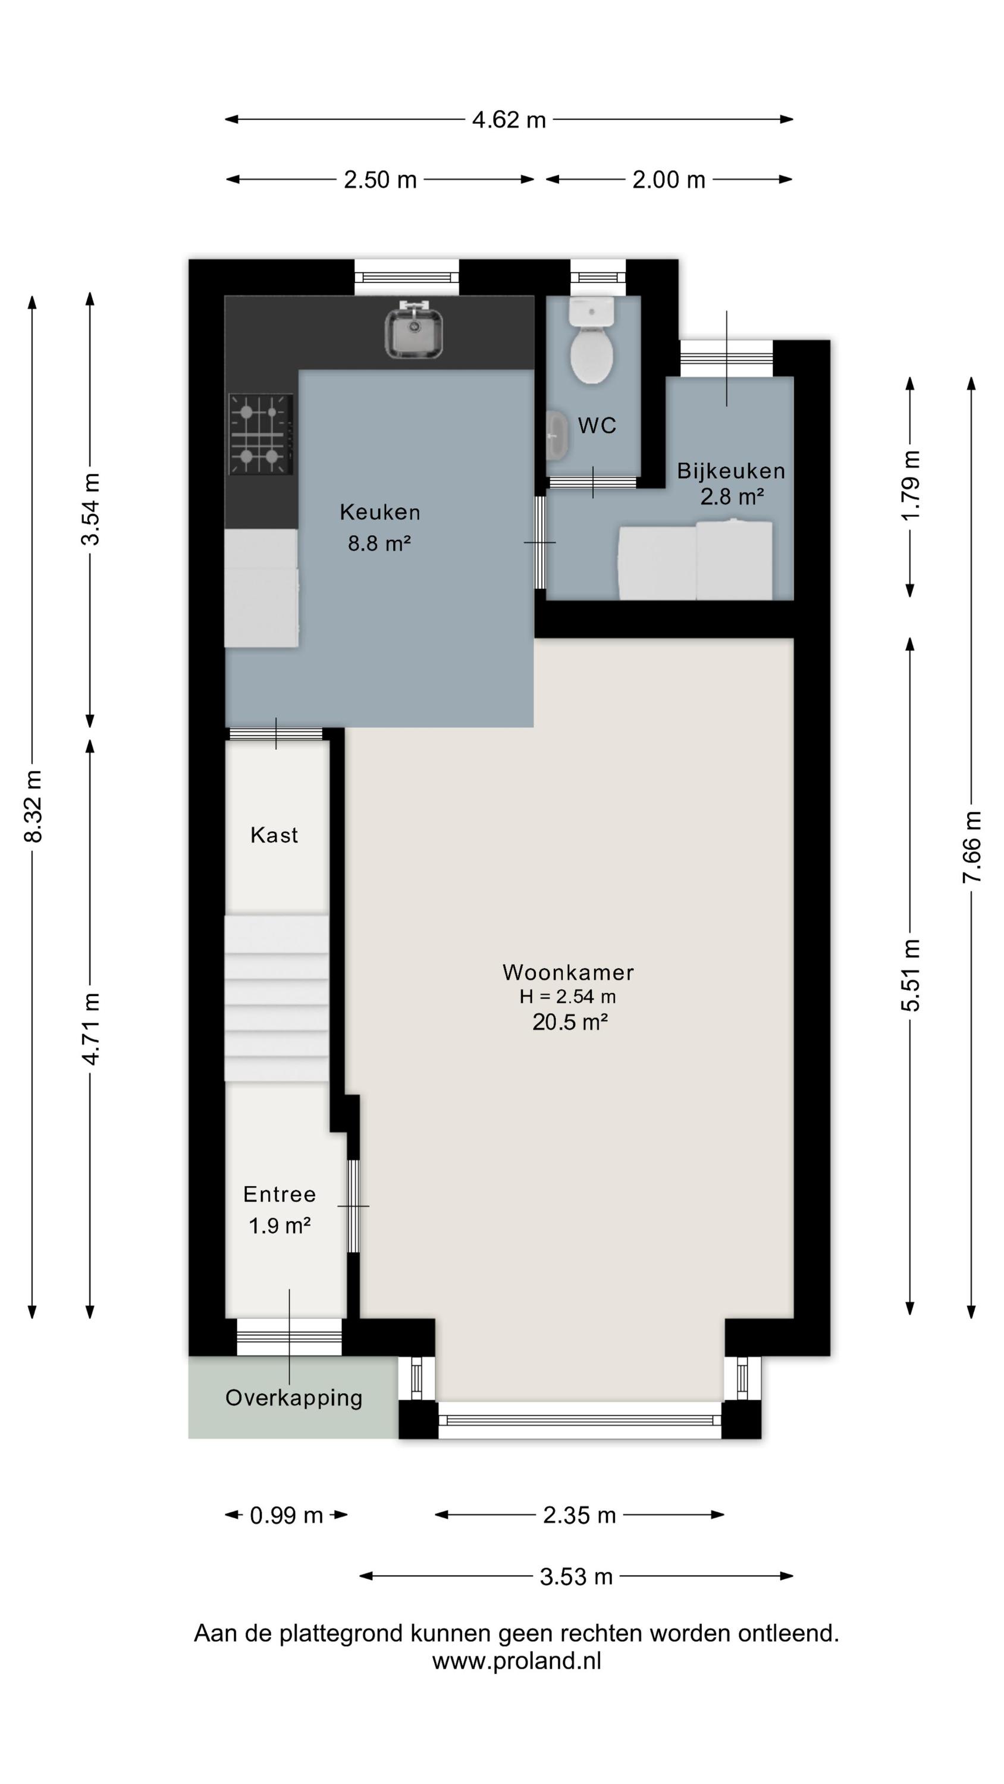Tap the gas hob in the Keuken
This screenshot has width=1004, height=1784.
click(x=261, y=434)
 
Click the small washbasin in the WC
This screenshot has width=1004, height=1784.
click(x=556, y=436)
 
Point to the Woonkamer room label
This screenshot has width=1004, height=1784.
click(x=568, y=972)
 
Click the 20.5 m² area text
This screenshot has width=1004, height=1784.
click(x=570, y=1022)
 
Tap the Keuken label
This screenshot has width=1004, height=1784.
click(x=379, y=513)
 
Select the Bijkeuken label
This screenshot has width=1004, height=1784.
click(x=731, y=471)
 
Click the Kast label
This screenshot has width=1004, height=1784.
click(x=274, y=836)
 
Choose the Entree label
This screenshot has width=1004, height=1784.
click(x=280, y=1195)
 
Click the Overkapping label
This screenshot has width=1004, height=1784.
click(x=294, y=1398)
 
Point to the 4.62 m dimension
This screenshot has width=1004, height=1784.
click(x=509, y=120)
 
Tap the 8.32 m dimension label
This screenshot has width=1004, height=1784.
click(x=33, y=806)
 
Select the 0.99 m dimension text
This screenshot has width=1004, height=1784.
click(x=287, y=1516)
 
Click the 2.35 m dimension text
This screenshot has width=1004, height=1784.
click(x=579, y=1516)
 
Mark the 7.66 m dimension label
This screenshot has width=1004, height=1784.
click(x=972, y=846)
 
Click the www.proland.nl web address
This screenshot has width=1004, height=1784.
click(x=517, y=1661)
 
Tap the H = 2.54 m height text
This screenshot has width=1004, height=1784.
click(x=568, y=997)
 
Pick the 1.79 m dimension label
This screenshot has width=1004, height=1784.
click(x=911, y=486)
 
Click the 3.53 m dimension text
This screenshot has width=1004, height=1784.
click(x=576, y=1577)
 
